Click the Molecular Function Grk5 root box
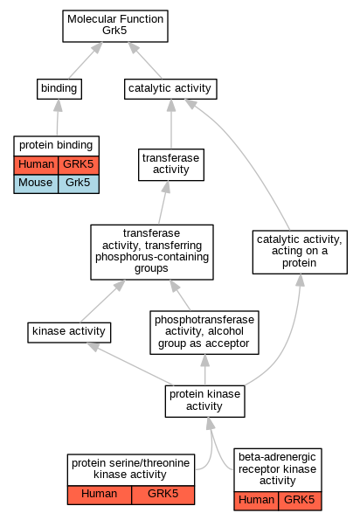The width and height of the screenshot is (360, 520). pos(115,26)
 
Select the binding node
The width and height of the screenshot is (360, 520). pos(59,89)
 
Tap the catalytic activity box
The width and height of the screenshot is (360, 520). pos(170,89)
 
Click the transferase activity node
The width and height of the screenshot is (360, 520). pos(171,164)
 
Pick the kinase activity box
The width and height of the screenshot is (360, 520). pos(69,332)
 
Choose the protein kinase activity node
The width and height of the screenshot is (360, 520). pos(204,401)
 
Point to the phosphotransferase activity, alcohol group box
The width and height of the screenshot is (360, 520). pos(204,332)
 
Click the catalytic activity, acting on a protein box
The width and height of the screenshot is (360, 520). pos(300,252)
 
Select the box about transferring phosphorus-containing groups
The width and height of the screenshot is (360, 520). pos(152,252)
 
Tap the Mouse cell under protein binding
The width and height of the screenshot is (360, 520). pos(36,184)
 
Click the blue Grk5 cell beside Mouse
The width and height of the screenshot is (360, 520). pos(79,184)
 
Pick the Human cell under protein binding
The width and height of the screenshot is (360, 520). pos(36,165)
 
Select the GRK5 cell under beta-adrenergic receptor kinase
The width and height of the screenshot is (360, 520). pos(300,501)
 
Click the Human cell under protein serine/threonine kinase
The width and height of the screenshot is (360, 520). pos(100,496)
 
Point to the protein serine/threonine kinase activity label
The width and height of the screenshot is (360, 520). pos(130,468)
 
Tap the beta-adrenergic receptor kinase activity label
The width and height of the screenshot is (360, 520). pos(278,468)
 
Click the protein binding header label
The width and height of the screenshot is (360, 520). pos(56,145)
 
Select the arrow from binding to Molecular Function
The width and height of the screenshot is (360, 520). pos(85,60)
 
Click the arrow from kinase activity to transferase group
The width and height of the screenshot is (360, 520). pos(103,302)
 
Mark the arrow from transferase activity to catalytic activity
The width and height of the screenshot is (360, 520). pos(171,124)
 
